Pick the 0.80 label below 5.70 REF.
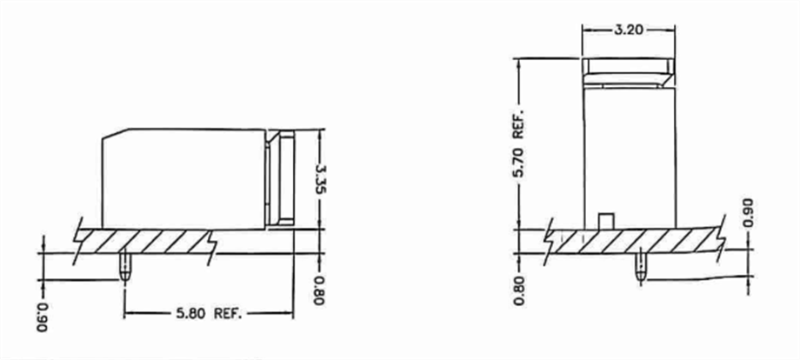[518, 290]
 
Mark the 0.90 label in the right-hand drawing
[750, 212]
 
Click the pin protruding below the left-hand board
[125, 265]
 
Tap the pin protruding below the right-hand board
[642, 265]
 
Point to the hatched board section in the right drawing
[635, 241]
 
